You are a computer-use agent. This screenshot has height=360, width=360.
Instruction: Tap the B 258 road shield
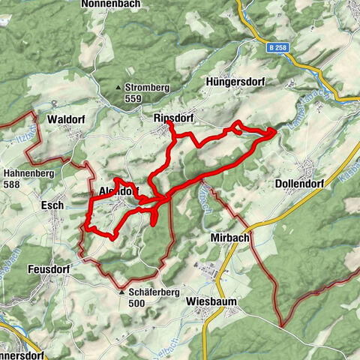[x=276, y=47]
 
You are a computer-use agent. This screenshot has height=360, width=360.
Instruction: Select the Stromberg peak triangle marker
[x=119, y=88]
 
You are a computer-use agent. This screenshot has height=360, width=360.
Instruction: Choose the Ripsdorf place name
[x=173, y=118]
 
